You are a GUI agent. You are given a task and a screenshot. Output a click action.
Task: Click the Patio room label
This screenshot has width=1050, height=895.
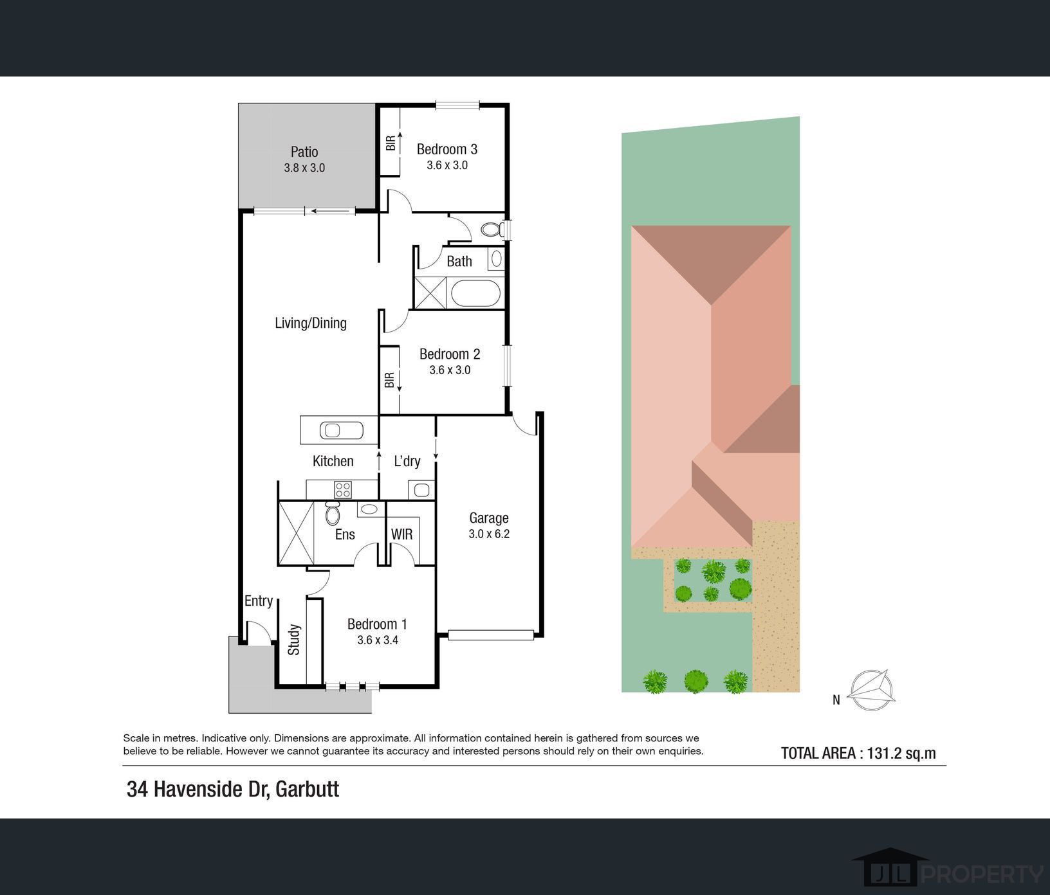(304, 152)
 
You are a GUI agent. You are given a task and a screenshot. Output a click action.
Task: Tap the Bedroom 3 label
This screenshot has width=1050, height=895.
(447, 149)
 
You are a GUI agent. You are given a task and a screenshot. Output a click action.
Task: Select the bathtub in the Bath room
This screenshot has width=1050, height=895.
(476, 294)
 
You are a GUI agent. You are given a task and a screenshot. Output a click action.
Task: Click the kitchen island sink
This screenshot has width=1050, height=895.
(333, 429)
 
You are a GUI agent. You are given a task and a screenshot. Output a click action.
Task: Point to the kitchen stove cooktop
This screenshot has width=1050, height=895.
(343, 490)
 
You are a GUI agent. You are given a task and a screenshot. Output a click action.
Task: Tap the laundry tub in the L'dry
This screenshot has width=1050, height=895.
(421, 490)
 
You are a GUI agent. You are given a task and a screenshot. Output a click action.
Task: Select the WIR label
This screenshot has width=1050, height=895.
(402, 534)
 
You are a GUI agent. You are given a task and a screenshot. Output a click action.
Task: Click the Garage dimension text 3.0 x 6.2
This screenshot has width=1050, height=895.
(489, 534)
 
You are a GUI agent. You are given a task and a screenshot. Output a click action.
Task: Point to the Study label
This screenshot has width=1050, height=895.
(294, 639)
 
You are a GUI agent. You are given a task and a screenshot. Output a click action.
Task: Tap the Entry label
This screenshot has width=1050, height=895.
(259, 601)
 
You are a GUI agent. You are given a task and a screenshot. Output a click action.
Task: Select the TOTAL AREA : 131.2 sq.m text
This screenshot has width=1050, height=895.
(858, 753)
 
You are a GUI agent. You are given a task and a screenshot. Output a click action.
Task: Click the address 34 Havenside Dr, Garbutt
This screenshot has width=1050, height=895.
(233, 789)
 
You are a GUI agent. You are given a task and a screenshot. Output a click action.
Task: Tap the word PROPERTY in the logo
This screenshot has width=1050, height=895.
(983, 874)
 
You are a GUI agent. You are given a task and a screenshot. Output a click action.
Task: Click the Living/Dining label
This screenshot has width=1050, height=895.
(311, 323)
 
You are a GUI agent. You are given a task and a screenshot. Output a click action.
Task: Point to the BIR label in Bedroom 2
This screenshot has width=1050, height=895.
(389, 381)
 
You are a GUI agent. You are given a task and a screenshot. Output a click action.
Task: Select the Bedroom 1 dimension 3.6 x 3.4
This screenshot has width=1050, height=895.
(378, 640)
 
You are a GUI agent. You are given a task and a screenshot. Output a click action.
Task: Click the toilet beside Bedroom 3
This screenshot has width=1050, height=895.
(492, 230)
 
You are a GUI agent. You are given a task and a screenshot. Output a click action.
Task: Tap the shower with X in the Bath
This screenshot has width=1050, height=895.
(430, 293)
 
